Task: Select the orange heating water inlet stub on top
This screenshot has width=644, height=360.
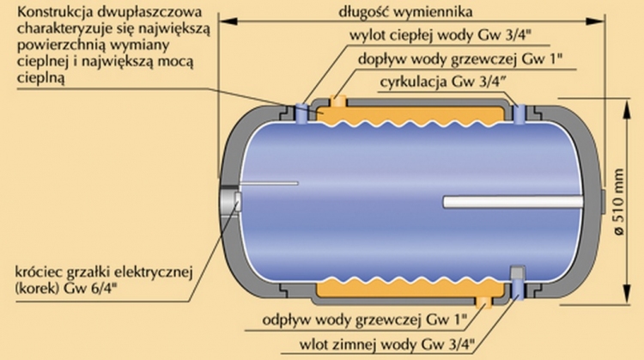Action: [x=337, y=104]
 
